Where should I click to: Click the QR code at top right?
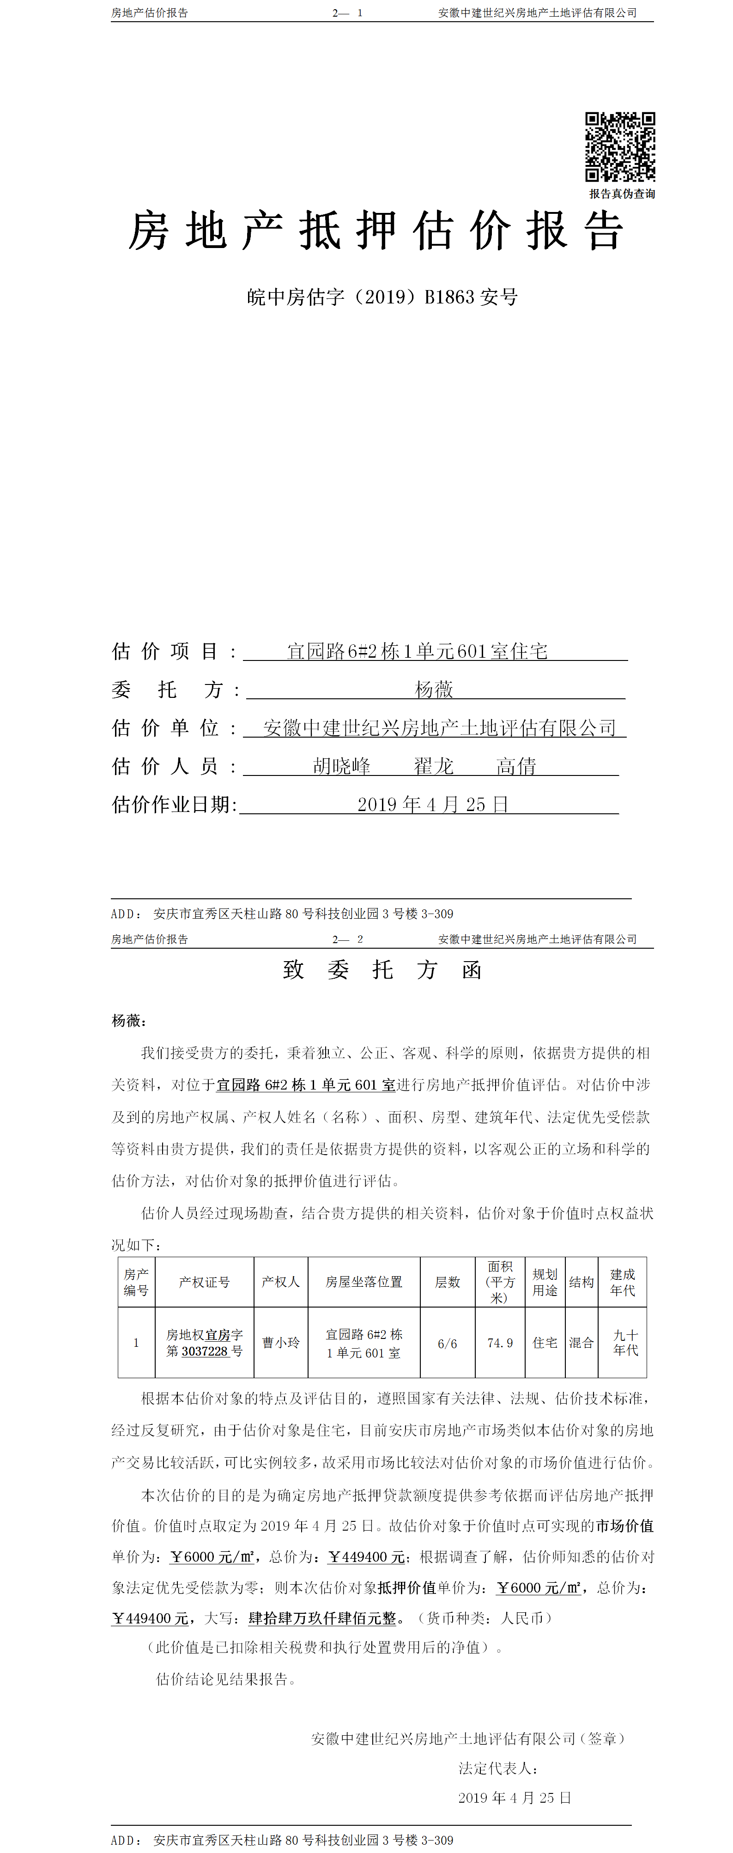[619, 147]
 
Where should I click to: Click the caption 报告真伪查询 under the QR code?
[622, 194]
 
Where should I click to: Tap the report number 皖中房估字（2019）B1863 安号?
[382, 297]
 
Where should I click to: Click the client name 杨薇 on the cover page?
[434, 690]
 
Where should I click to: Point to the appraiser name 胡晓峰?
[342, 766]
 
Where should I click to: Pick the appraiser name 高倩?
[516, 766]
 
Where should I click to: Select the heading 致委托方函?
[382, 970]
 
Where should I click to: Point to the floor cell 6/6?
[448, 1343]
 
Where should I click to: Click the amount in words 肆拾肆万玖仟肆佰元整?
[322, 1618]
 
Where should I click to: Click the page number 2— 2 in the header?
[347, 939]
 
